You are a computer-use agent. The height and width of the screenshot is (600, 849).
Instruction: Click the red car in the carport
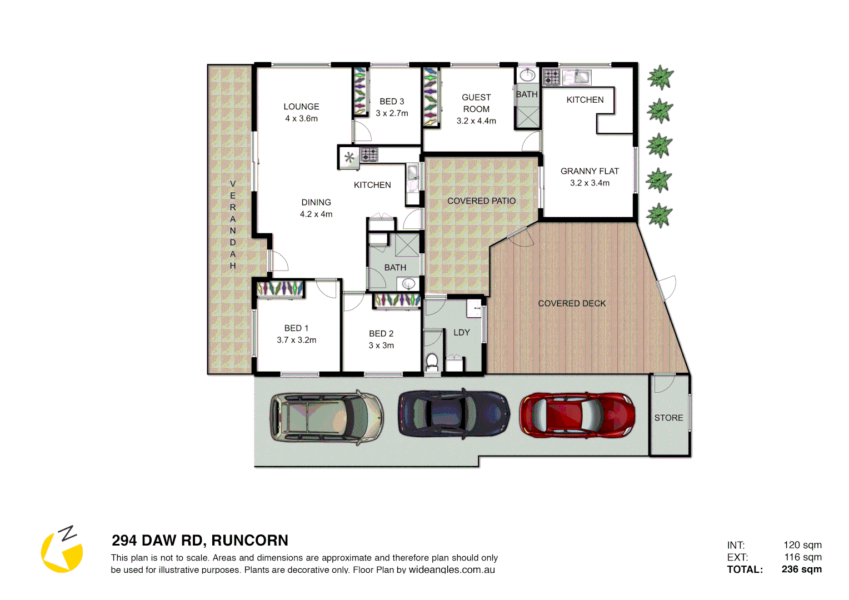(577, 415)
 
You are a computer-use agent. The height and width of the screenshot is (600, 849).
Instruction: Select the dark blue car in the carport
(453, 413)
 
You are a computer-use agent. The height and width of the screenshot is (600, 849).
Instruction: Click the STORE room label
(668, 418)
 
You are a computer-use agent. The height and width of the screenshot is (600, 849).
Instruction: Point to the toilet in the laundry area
(432, 362)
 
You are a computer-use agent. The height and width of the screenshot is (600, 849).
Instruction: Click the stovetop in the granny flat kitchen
(551, 77)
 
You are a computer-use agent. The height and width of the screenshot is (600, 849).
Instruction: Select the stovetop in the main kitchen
(369, 154)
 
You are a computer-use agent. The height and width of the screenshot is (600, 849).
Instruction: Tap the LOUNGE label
(301, 107)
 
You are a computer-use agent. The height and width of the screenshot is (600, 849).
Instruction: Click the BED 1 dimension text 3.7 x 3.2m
(297, 340)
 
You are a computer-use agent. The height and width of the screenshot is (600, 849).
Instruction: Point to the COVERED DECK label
(572, 303)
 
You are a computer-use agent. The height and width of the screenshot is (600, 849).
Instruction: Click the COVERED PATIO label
(481, 201)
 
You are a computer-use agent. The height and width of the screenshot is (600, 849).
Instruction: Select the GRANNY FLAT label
(590, 171)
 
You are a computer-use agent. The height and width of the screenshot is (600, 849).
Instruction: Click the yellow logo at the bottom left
(62, 550)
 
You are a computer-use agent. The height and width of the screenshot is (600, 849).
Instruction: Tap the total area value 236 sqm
(801, 569)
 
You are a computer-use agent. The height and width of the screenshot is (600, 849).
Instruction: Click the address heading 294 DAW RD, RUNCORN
(200, 540)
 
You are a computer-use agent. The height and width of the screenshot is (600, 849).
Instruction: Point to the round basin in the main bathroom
(408, 284)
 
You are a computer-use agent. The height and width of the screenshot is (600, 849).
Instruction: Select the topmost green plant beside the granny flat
(660, 77)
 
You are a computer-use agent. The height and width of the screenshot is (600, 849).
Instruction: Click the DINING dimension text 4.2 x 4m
(316, 214)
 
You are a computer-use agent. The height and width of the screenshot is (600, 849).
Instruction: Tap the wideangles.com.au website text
(452, 569)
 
